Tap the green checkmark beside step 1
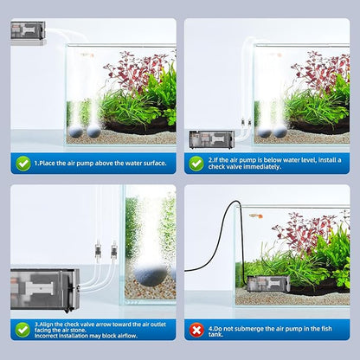(x=23, y=163)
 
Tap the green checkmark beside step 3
(x=23, y=329)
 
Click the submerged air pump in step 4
(x=264, y=283)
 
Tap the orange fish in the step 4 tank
(x=256, y=215)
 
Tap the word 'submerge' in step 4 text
(x=256, y=329)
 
